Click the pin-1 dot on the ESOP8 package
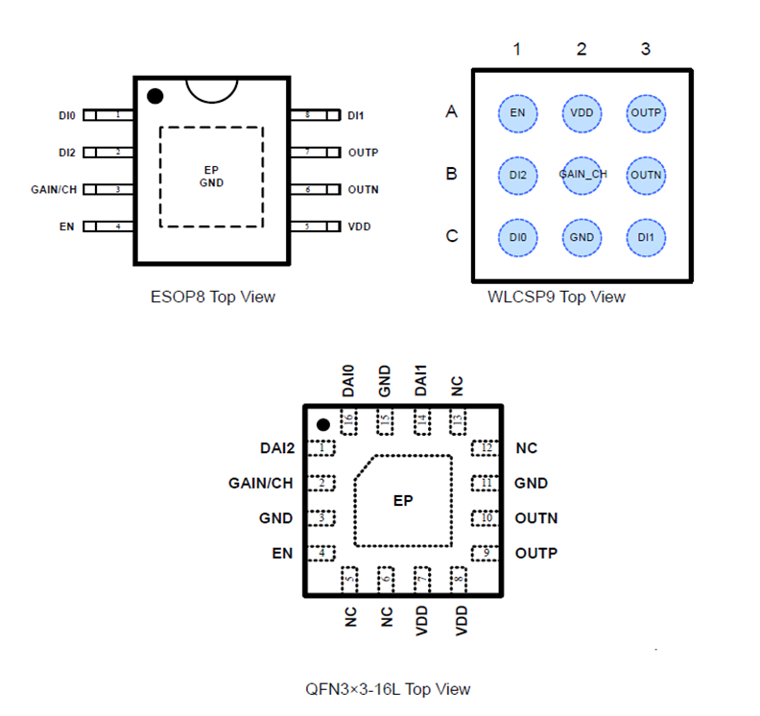click(154, 96)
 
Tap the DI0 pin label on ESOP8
click(66, 115)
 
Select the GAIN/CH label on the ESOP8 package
click(54, 189)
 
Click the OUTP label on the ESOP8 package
click(363, 152)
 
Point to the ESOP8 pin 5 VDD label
click(359, 227)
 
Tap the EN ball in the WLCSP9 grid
click(517, 113)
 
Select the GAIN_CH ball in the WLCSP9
click(582, 175)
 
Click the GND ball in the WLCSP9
click(582, 237)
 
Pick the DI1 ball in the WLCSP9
click(646, 237)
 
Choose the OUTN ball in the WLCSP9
click(646, 175)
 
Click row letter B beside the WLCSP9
click(451, 175)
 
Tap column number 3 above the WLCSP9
click(646, 49)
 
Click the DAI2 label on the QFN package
click(276, 447)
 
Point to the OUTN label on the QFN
click(535, 518)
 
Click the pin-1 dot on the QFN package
click(323, 424)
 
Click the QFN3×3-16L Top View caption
click(388, 688)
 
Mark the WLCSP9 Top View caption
click(557, 297)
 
